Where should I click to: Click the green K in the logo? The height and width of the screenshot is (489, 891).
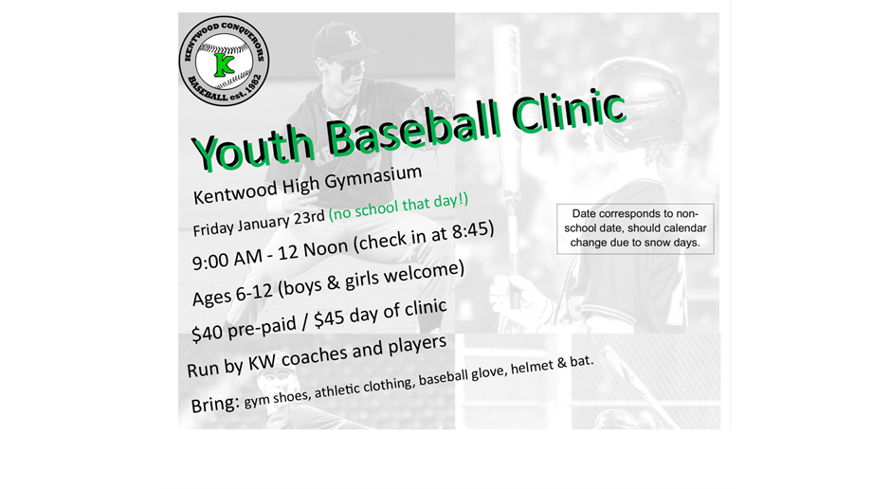click(x=225, y=63)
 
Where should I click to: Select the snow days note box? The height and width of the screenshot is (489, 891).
click(x=634, y=228)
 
